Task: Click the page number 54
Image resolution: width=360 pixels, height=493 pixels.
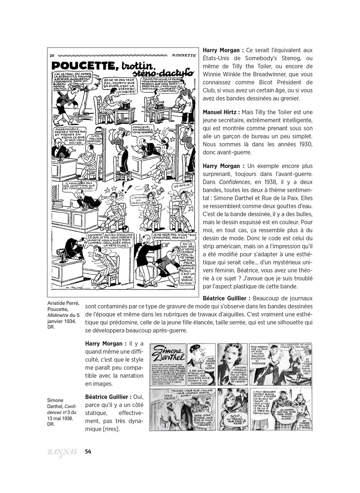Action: pyautogui.click(x=88, y=451)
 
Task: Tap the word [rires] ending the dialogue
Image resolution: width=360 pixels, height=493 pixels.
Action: pyautogui.click(x=108, y=429)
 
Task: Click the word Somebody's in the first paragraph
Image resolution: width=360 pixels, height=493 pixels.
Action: pyautogui.click(x=263, y=58)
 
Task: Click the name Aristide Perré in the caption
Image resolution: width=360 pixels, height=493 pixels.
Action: pyautogui.click(x=63, y=303)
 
